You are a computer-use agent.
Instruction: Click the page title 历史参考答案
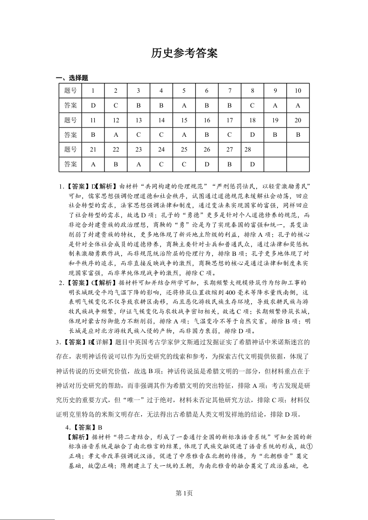tap(184, 53)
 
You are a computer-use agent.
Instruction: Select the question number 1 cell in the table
tap(93, 90)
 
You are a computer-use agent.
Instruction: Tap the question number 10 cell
tap(298, 90)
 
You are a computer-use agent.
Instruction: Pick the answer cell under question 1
tap(93, 105)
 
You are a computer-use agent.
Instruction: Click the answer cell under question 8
tap(252, 105)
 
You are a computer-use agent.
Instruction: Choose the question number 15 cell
tap(184, 120)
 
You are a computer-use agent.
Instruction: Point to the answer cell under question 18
tap(252, 135)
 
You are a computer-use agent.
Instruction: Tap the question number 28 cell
tap(252, 149)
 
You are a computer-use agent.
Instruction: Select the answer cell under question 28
tap(252, 164)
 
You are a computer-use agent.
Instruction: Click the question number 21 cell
tap(93, 149)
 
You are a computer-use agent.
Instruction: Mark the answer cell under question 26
tap(207, 164)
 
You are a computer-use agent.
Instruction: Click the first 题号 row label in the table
tap(71, 90)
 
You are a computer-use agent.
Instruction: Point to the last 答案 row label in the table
tap(71, 164)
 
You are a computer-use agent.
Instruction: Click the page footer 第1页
tap(184, 493)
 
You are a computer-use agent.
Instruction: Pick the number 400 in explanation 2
tap(230, 293)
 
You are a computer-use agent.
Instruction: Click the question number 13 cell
tap(139, 120)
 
